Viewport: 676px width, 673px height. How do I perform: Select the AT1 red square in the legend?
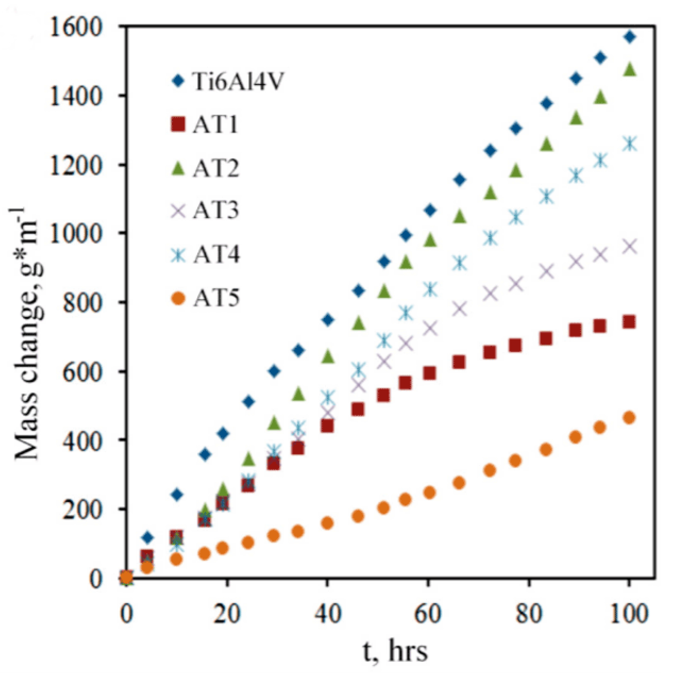178,124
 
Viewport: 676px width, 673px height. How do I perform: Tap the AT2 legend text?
216,168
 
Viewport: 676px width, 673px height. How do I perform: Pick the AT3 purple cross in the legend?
178,210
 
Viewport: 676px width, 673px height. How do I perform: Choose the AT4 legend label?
216,254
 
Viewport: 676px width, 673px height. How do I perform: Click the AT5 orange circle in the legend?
178,298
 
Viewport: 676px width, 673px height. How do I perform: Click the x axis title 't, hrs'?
395,651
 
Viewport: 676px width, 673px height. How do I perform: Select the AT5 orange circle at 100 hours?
629,418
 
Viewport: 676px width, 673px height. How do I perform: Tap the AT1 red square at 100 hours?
629,322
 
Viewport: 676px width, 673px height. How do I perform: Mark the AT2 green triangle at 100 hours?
630,69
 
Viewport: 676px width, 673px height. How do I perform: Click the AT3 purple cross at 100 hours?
630,247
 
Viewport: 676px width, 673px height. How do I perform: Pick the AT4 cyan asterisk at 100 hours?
630,144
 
